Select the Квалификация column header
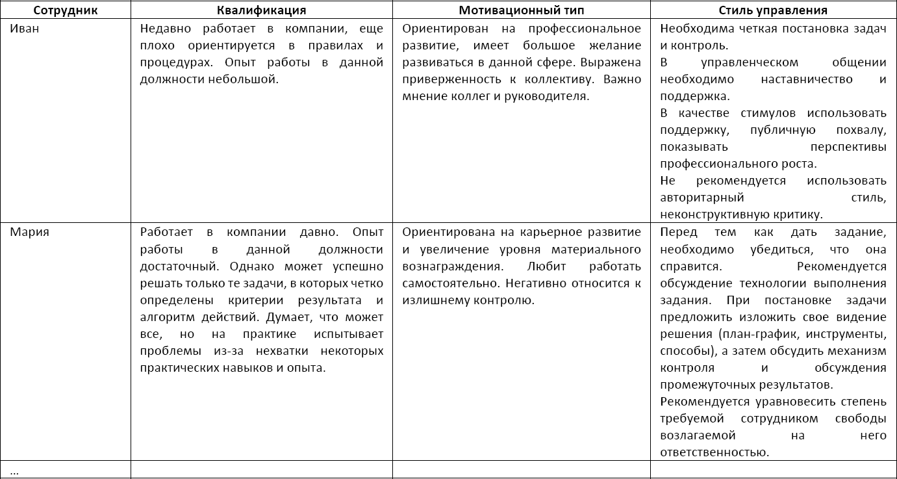click(x=261, y=10)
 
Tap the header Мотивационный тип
click(x=521, y=10)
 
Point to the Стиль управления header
click(x=773, y=10)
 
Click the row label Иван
click(x=24, y=29)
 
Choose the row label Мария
click(x=29, y=232)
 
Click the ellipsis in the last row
click(x=14, y=471)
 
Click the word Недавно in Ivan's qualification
click(x=163, y=29)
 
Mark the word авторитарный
click(x=701, y=198)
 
